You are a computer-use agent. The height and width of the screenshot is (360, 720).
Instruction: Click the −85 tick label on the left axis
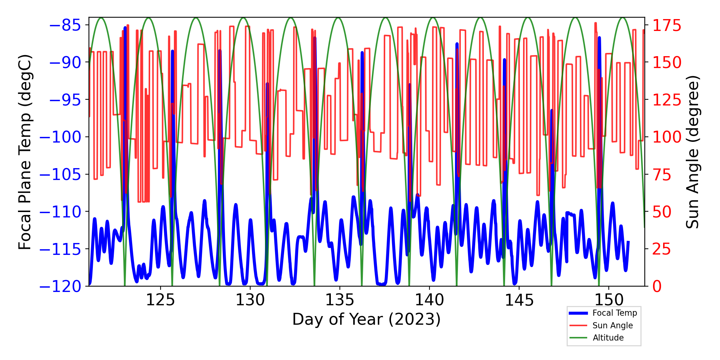click(x=65, y=25)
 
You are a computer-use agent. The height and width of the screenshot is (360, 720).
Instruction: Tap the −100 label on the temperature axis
click(x=60, y=137)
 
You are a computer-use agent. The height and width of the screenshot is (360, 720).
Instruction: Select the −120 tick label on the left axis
click(x=60, y=287)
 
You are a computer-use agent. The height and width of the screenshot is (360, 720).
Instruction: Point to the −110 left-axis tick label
click(x=60, y=212)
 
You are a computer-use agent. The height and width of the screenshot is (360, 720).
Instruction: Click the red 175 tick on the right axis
click(x=667, y=26)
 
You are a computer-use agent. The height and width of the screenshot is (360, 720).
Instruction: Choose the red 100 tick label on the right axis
click(x=667, y=137)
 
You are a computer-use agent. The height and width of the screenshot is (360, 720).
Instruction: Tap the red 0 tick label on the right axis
click(x=657, y=287)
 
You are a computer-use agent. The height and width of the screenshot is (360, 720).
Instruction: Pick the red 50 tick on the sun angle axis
click(x=662, y=212)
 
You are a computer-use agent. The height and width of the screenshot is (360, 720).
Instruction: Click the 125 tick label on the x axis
click(x=160, y=300)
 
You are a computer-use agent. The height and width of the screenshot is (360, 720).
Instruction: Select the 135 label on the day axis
click(x=339, y=300)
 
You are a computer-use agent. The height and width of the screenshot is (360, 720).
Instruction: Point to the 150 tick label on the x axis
click(x=608, y=300)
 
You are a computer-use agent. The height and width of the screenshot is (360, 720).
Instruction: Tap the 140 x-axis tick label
click(x=429, y=300)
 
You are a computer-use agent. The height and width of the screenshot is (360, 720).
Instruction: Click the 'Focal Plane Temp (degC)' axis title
click(x=25, y=152)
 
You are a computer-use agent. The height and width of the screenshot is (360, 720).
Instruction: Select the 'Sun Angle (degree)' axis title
click(x=692, y=152)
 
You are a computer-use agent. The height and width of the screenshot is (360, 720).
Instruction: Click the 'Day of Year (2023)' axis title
click(x=366, y=319)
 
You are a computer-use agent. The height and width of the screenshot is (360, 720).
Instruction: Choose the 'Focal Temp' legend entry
click(x=615, y=313)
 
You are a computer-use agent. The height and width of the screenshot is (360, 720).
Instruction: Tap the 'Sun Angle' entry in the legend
click(x=612, y=325)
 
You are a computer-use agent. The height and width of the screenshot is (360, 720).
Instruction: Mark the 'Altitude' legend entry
click(x=608, y=338)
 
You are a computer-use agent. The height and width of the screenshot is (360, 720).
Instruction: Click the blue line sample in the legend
click(x=578, y=313)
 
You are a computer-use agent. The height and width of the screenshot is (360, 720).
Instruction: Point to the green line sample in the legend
click(x=578, y=338)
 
